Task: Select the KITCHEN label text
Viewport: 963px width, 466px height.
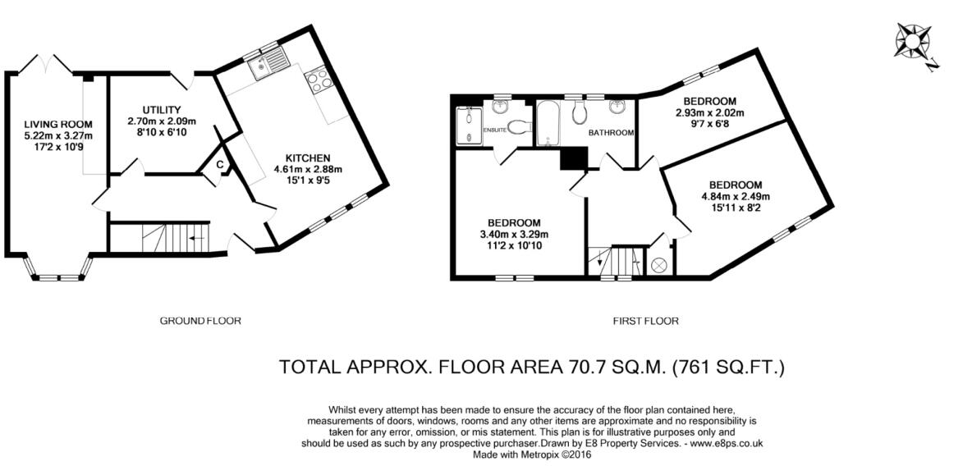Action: click(308, 158)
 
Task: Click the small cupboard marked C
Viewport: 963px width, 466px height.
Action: click(220, 165)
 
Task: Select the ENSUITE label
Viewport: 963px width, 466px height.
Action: click(494, 130)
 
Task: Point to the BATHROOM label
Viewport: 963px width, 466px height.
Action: click(610, 132)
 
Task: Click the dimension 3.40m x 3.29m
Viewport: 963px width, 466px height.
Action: click(514, 234)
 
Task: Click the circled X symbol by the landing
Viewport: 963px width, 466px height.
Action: click(658, 265)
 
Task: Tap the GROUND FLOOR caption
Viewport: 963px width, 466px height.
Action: click(200, 321)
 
